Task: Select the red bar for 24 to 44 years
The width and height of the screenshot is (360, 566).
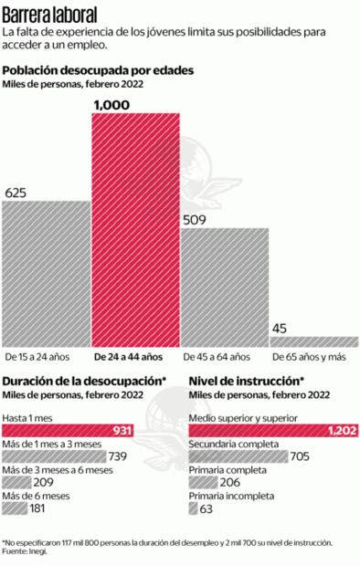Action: (x=134, y=228)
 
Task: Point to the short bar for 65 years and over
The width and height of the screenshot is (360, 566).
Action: (x=313, y=340)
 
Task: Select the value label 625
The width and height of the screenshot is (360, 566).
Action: (x=16, y=193)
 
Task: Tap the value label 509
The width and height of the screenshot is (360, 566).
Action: (x=195, y=219)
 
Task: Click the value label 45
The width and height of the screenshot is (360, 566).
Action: (x=279, y=328)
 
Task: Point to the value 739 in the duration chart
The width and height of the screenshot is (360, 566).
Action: (x=117, y=456)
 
